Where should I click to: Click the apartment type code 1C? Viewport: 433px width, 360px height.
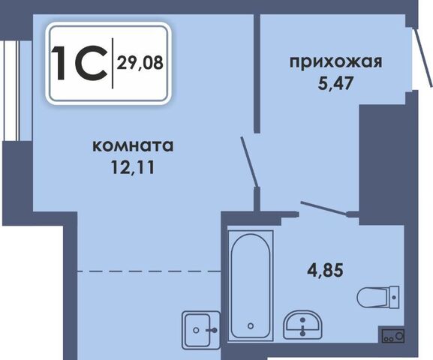[x=80, y=64]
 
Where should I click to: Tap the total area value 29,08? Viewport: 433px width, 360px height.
[x=140, y=63]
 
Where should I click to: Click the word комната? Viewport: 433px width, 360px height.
[x=134, y=146]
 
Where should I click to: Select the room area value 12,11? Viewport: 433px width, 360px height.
[x=133, y=166]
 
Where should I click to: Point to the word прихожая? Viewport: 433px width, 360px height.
[x=336, y=61]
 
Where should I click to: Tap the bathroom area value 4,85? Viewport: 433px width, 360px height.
[x=325, y=269]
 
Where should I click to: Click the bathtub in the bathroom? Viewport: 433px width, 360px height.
[x=251, y=286]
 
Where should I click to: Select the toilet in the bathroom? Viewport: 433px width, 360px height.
[x=378, y=297]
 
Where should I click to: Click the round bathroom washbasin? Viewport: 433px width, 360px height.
[x=303, y=325]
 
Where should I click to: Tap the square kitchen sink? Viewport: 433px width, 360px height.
[x=201, y=330]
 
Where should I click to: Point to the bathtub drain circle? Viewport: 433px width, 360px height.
[x=251, y=326]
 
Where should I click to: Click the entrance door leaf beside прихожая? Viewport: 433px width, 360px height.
[x=422, y=58]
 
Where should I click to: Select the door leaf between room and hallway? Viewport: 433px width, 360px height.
[x=249, y=162]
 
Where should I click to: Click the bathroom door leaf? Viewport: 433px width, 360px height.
[x=323, y=208]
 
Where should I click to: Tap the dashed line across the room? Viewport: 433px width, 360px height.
[x=149, y=271]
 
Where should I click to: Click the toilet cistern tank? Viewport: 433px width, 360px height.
[x=394, y=297]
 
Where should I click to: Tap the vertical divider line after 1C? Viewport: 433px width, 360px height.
[x=113, y=63]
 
